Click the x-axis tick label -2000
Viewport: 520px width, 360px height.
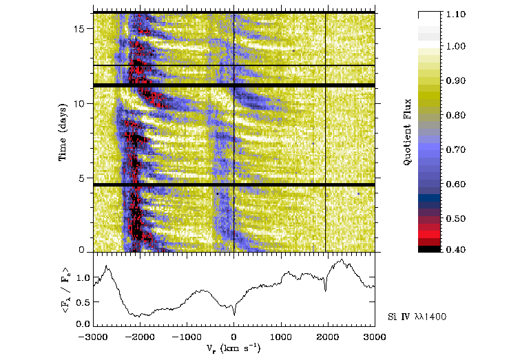pyautogui.click(x=141, y=337)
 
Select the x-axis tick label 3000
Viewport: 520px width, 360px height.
pyautogui.click(x=374, y=337)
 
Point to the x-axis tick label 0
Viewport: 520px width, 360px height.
pyautogui.click(x=234, y=337)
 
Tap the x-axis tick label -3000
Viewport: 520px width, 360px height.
pyautogui.click(x=94, y=337)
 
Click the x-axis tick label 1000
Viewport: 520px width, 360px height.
pyautogui.click(x=281, y=337)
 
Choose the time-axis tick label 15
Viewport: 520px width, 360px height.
pyautogui.click(x=80, y=29)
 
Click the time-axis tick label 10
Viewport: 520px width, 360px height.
pyautogui.click(x=80, y=103)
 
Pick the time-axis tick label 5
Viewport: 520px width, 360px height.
pyautogui.click(x=83, y=178)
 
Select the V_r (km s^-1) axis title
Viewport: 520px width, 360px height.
pyautogui.click(x=234, y=348)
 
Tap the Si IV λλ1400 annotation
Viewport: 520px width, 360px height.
pyautogui.click(x=415, y=315)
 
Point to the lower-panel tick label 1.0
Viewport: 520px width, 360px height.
pyautogui.click(x=83, y=278)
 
